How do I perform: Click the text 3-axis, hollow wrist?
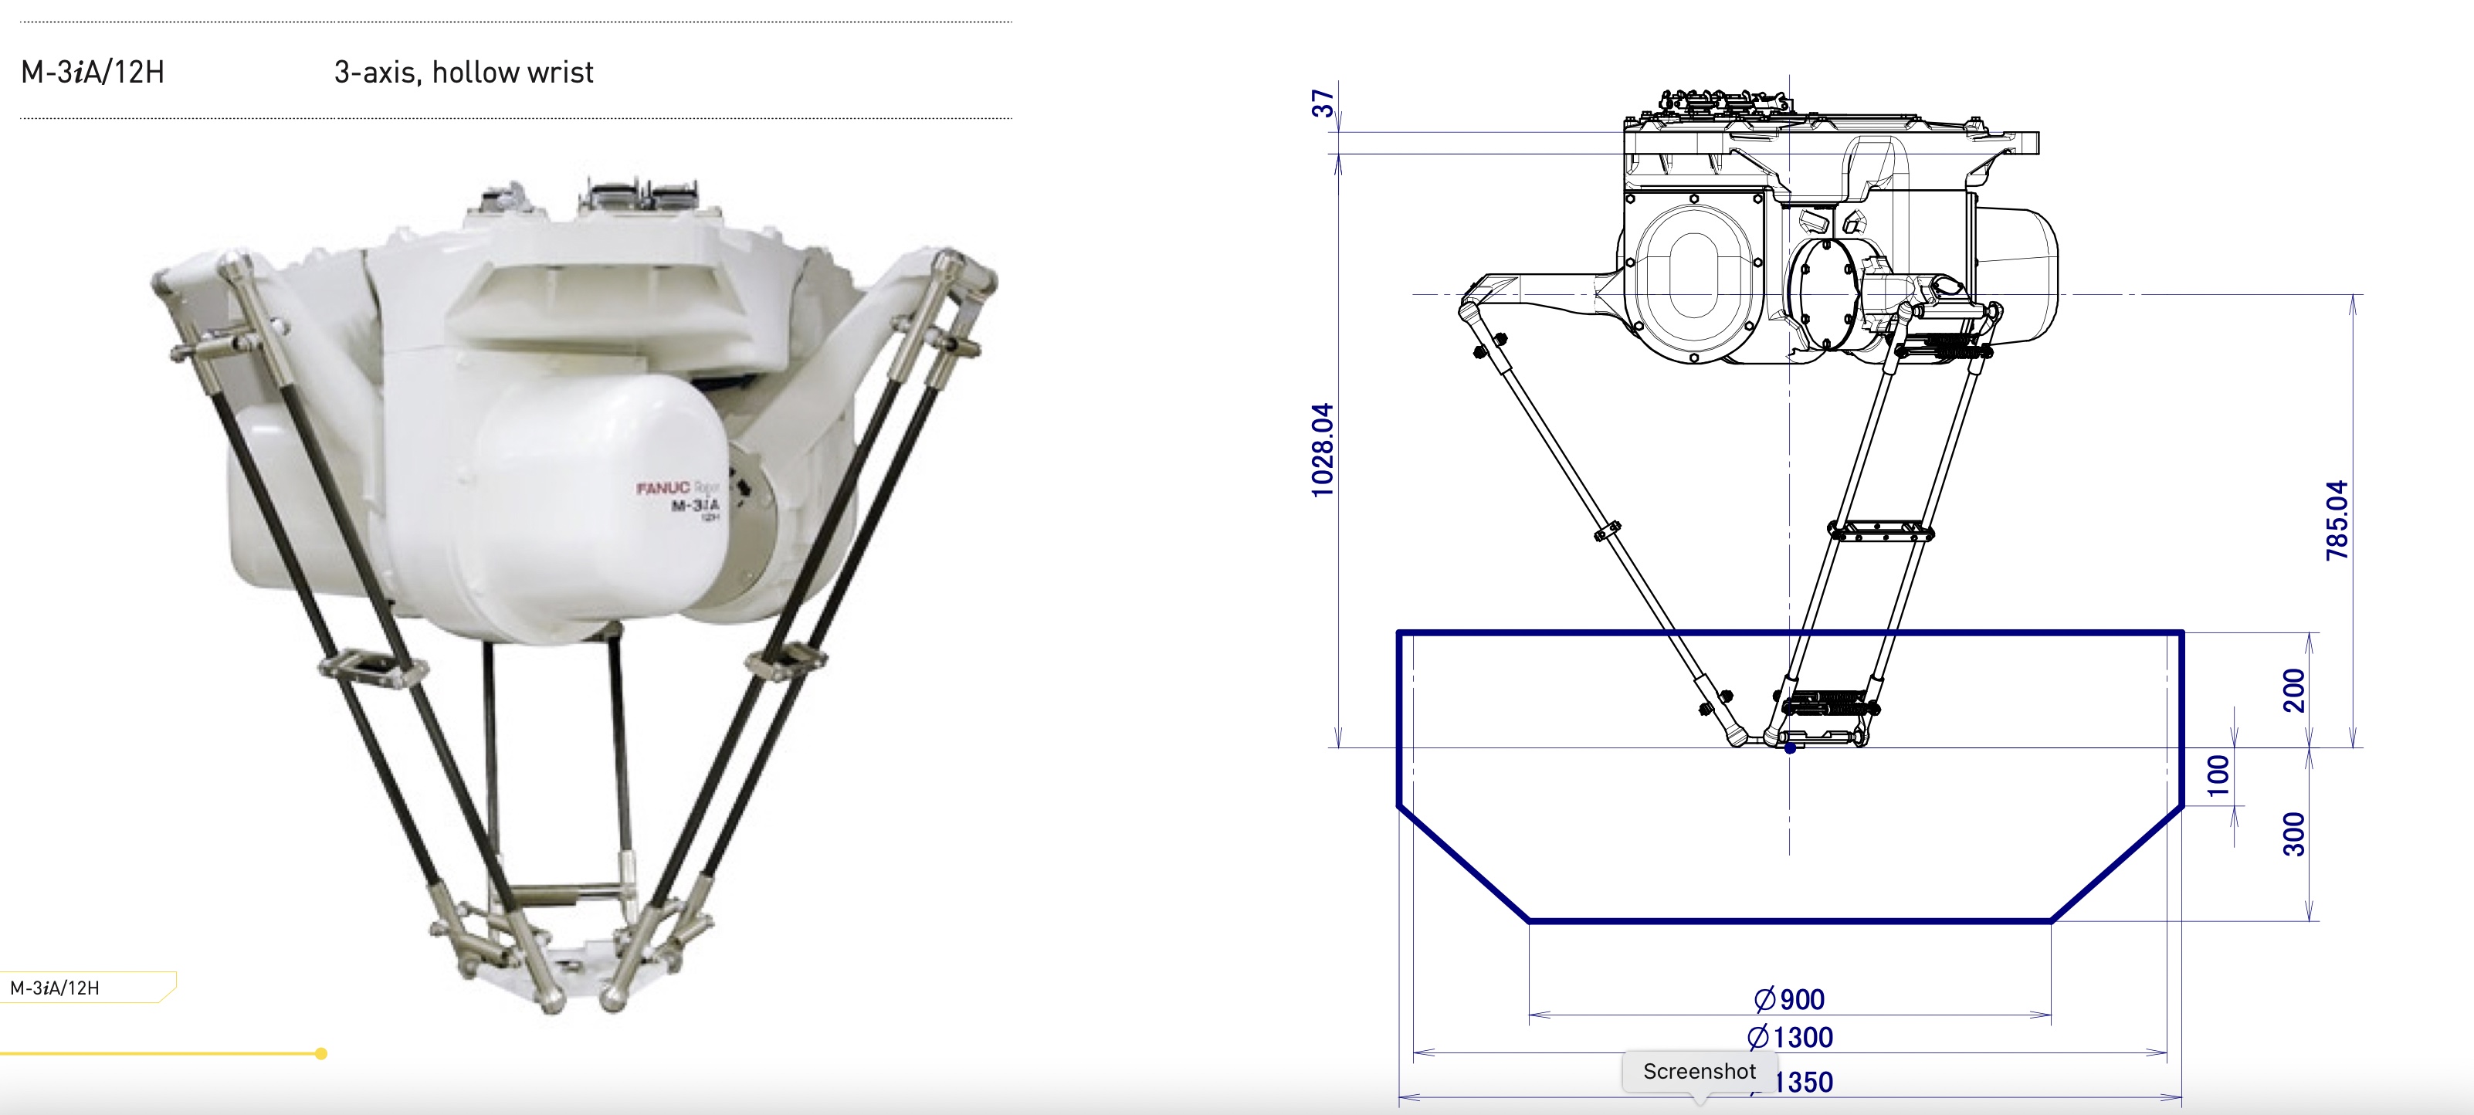463,72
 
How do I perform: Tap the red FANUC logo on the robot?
663,488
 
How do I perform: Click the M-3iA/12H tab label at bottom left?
55,988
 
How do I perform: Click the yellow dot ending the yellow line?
320,1053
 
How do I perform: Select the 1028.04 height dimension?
1323,449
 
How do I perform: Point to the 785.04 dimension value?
2337,520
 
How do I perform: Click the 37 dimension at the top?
1323,103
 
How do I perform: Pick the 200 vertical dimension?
2293,690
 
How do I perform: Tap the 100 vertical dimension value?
2218,776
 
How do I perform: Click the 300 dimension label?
2293,834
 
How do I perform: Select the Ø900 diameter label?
1789,1000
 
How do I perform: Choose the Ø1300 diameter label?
1789,1037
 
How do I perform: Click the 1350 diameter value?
1803,1083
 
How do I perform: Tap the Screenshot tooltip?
1699,1071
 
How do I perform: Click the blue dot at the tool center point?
1790,748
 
